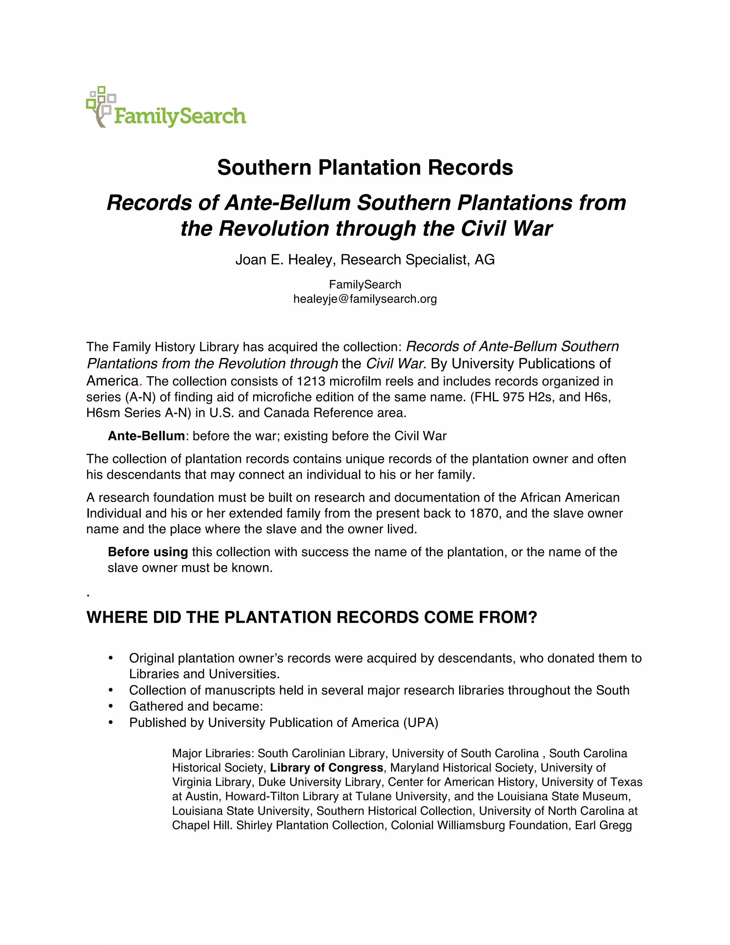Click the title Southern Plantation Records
[365, 168]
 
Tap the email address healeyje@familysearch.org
[365, 299]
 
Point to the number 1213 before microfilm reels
[310, 381]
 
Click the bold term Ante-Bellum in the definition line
[146, 436]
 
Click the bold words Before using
[148, 552]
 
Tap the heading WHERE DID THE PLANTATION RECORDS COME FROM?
[312, 617]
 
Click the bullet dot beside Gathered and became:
[111, 706]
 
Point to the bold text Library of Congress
[327, 768]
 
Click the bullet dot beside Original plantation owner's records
[111, 658]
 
